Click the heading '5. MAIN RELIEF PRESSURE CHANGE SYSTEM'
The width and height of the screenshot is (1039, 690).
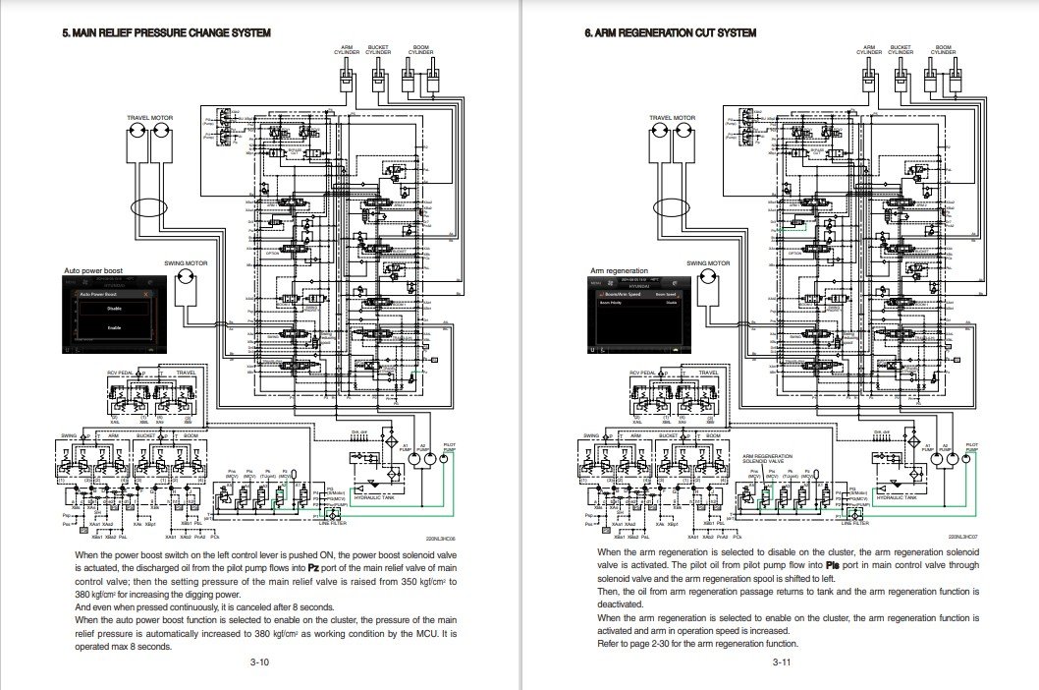coord(166,33)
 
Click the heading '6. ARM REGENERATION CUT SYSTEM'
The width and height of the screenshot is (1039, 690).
coord(671,33)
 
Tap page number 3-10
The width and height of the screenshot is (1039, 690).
coord(259,662)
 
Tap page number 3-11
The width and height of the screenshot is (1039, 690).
coord(782,662)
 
